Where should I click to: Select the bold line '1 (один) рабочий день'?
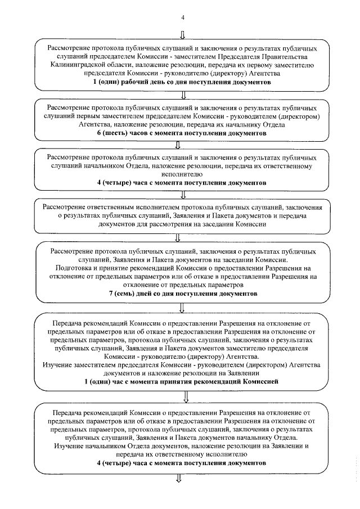click(x=182, y=82)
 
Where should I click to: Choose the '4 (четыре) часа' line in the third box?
click(x=182, y=183)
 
